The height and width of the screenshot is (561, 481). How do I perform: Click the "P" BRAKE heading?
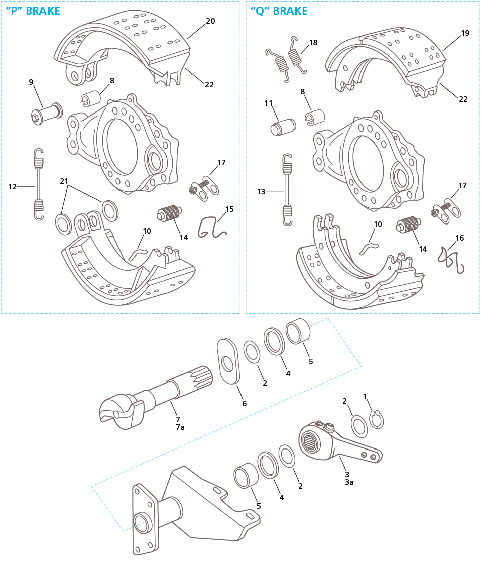pos(33,11)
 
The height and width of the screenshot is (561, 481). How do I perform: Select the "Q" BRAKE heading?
pos(279,11)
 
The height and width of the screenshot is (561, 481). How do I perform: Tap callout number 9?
pos(31,82)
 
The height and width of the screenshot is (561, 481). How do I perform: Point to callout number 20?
pos(210,21)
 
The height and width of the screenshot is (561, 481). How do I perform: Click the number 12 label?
pos(13,186)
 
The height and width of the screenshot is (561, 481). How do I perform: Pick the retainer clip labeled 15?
pos(211,228)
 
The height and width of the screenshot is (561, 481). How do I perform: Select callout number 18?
pos(313,43)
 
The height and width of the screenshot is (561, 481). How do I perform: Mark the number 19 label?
pos(465,33)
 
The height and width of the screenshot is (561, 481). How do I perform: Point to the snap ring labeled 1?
pos(376,419)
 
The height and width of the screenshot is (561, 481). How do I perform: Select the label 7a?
pos(180,427)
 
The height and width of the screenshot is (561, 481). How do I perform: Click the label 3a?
pos(349,482)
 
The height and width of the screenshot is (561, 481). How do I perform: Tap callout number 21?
pos(64,180)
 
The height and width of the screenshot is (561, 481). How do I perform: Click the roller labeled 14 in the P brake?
pos(169,213)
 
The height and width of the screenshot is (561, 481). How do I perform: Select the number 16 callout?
pos(460,238)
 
